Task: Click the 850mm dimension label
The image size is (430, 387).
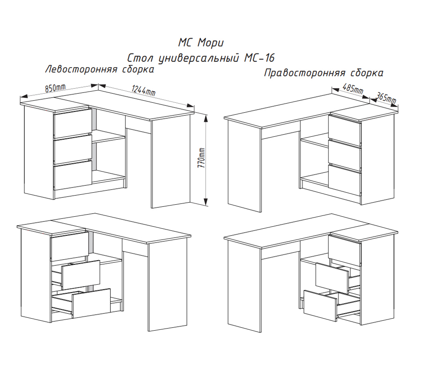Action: tap(55, 88)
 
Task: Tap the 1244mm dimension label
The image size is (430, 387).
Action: tap(144, 90)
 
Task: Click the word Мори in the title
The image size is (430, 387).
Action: tap(211, 43)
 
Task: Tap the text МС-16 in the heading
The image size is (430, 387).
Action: tap(259, 58)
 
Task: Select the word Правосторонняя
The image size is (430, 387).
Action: tap(305, 73)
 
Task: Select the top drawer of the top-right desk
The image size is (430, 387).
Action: tap(345, 130)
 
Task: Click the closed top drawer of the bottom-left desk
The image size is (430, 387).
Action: tap(70, 246)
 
